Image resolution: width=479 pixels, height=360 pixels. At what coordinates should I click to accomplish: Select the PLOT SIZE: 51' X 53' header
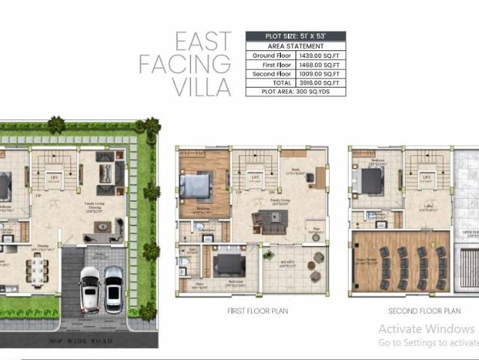295,35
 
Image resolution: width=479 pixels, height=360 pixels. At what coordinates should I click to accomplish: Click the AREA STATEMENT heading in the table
295,45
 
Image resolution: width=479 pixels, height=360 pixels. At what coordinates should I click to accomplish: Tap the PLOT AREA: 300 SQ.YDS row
295,91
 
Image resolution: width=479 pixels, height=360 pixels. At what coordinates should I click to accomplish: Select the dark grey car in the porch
114,288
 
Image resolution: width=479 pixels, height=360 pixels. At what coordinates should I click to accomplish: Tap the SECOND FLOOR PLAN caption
424,310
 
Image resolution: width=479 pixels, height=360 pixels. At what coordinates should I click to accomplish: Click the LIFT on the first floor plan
256,178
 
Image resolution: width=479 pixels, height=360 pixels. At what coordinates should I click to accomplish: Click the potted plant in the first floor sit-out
268,255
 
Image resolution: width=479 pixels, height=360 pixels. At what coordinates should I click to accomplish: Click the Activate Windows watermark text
426,328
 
